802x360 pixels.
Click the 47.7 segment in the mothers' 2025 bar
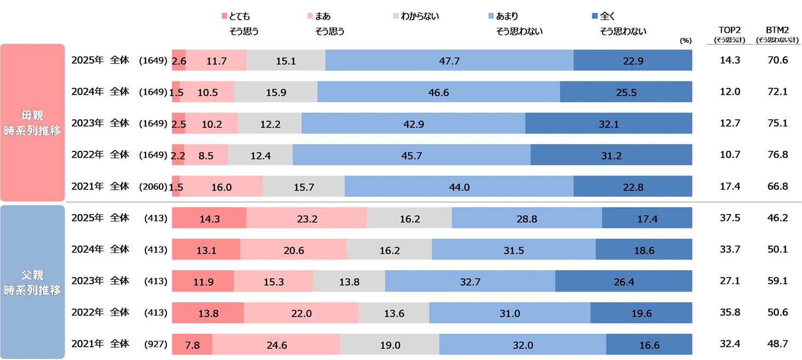[449, 60]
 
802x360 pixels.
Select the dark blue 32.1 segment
[608, 123]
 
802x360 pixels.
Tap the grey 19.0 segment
[390, 345]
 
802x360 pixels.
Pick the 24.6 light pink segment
[276, 345]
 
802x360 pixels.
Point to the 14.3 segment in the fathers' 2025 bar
[209, 218]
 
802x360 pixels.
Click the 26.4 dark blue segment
[623, 281]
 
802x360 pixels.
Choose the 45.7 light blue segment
[411, 155]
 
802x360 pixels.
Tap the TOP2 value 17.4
[730, 187]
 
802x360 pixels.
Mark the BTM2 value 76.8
[777, 155]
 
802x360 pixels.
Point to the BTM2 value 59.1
[777, 281]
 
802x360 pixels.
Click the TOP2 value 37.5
[730, 218]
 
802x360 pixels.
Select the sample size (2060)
[153, 187]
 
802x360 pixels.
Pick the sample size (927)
[156, 345]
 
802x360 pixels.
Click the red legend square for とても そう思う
[224, 17]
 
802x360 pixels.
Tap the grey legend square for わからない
[395, 17]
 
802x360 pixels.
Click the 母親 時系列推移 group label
[32, 122]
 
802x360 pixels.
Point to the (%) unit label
[686, 40]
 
